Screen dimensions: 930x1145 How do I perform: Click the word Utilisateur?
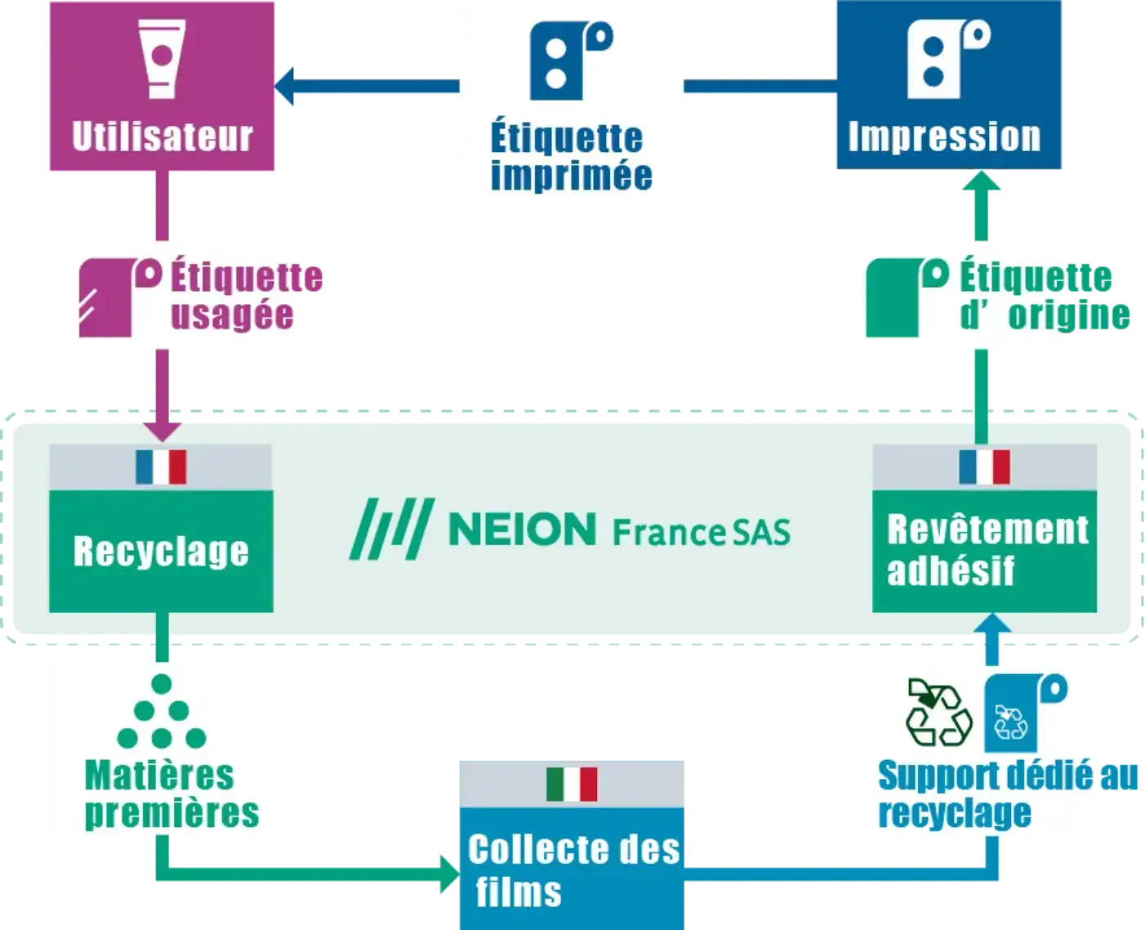[163, 136]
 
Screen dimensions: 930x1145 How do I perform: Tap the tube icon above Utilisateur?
[163, 59]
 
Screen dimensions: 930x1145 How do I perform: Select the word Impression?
[945, 136]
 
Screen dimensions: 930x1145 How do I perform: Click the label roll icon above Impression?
[947, 56]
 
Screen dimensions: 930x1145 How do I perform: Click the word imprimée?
[571, 176]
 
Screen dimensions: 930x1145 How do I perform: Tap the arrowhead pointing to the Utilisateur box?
[287, 87]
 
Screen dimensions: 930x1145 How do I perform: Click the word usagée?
[232, 315]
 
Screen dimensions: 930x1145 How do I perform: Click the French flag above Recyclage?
[161, 467]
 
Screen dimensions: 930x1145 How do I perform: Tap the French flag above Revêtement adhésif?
[984, 467]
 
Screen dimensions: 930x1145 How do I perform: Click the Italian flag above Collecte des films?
[572, 784]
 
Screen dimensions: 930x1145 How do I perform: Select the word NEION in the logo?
[523, 530]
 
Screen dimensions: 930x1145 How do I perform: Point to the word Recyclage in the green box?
[161, 552]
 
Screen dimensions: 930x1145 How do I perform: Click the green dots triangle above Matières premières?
[162, 713]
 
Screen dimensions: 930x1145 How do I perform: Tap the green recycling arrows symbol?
[939, 711]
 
